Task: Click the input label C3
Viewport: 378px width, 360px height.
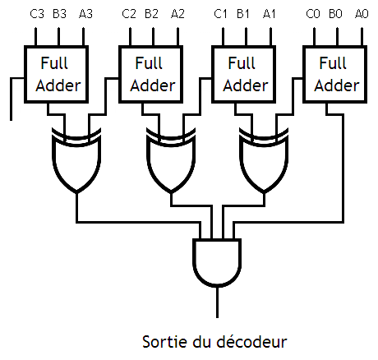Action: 37,13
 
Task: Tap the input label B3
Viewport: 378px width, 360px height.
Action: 60,13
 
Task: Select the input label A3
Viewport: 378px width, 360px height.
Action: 86,13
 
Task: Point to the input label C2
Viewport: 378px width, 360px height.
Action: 129,13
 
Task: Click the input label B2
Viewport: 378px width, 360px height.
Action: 151,13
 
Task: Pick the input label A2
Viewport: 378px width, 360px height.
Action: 178,13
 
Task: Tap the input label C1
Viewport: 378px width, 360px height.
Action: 220,13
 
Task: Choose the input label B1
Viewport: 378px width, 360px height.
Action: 243,13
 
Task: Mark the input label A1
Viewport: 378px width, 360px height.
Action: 270,13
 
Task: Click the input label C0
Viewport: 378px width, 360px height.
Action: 312,13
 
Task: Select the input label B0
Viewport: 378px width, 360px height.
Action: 335,13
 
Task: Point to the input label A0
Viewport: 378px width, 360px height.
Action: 362,13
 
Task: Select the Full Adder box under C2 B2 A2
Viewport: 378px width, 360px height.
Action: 150,73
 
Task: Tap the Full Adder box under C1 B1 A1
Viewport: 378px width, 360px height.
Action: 242,73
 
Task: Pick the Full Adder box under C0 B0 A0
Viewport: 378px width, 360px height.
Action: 334,73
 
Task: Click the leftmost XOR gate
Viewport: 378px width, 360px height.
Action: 76,161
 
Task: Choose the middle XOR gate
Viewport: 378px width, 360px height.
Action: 171,161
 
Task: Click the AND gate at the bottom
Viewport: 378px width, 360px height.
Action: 217,262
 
